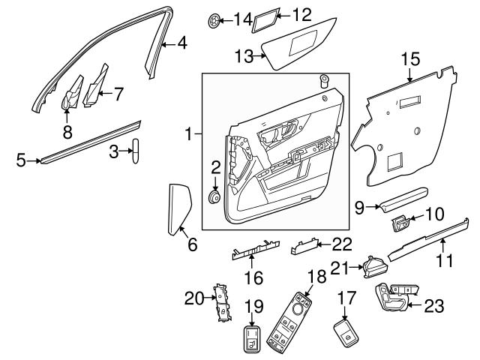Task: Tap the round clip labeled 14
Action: [217, 19]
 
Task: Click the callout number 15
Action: [410, 57]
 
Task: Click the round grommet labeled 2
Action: [214, 197]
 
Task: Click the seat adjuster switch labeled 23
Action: [394, 297]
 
